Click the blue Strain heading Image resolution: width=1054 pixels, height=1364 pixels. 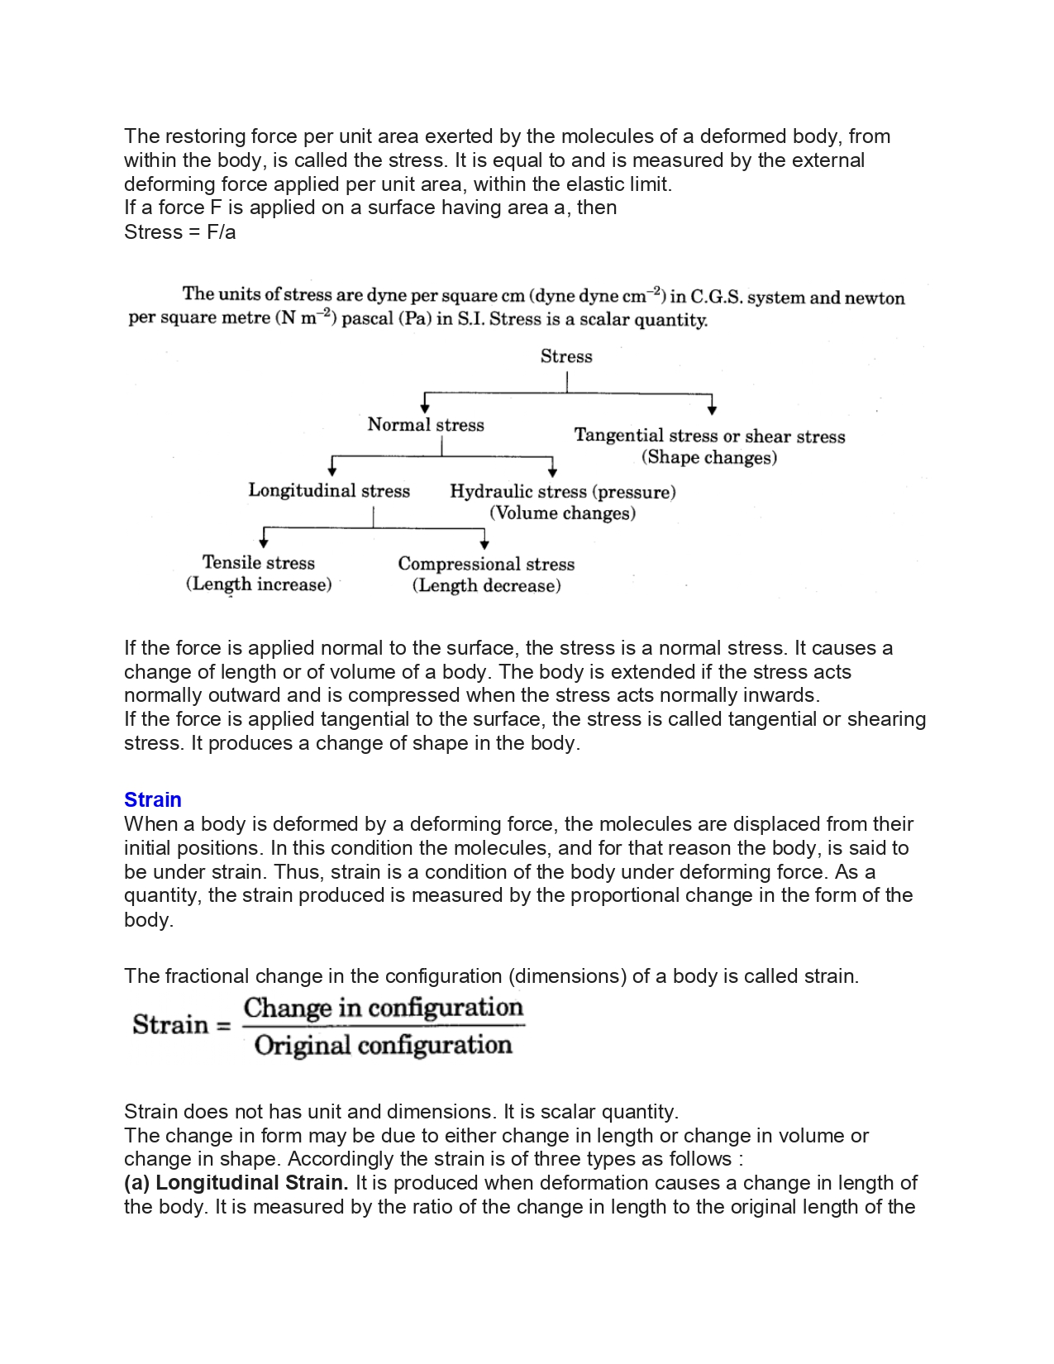pyautogui.click(x=153, y=799)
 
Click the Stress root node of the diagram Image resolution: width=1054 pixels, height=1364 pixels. pyautogui.click(x=566, y=356)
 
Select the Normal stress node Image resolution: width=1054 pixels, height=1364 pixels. pyautogui.click(x=426, y=425)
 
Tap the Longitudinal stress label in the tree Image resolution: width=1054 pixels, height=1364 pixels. pyautogui.click(x=329, y=491)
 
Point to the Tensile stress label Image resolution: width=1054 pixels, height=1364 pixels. pyautogui.click(x=259, y=563)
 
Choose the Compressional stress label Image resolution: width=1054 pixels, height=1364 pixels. pyautogui.click(x=486, y=564)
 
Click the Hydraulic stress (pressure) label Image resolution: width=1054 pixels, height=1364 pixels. pyautogui.click(x=563, y=492)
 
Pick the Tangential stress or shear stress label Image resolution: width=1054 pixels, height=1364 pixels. pyautogui.click(x=709, y=436)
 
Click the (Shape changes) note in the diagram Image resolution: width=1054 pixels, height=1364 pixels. pyautogui.click(x=709, y=458)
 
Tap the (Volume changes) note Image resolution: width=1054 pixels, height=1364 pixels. pyautogui.click(x=563, y=513)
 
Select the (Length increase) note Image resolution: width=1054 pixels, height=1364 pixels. pyautogui.click(x=259, y=584)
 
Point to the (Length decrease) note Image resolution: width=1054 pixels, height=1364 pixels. pyautogui.click(x=486, y=586)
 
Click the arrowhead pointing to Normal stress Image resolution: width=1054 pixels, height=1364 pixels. pyautogui.click(x=425, y=407)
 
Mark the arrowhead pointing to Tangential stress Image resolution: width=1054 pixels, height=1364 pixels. pyautogui.click(x=712, y=408)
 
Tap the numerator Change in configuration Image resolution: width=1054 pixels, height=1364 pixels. pyautogui.click(x=384, y=1008)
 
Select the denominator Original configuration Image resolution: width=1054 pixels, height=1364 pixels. pyautogui.click(x=384, y=1046)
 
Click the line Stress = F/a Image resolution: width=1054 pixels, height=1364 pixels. pyautogui.click(x=180, y=232)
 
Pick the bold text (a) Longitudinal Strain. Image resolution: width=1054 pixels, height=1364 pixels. pyautogui.click(x=236, y=1183)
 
